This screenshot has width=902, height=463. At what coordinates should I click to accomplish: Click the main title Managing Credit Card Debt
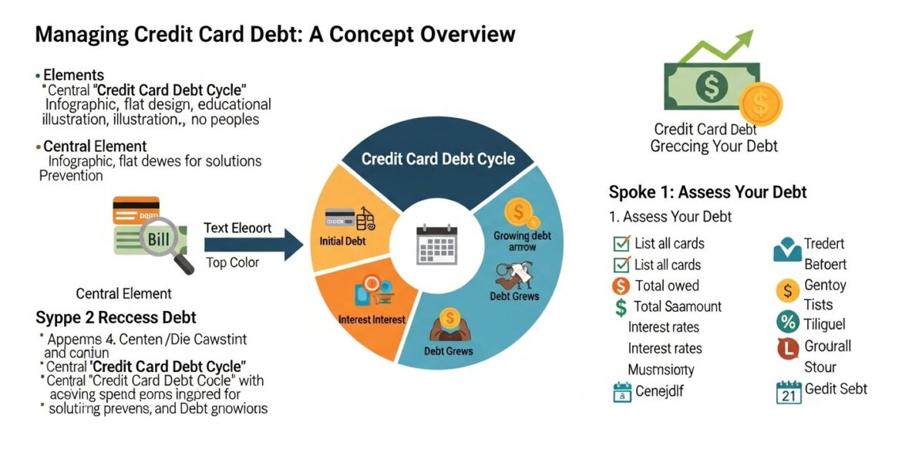275,35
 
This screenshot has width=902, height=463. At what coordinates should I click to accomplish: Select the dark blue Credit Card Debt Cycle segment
437,159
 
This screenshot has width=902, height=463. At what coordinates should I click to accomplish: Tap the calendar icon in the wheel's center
436,245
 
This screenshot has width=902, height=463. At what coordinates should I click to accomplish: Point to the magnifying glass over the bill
177,252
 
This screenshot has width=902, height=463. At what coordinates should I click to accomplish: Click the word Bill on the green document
157,239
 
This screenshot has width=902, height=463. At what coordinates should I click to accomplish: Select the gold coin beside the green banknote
760,104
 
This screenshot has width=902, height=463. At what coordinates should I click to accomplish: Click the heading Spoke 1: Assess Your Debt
707,192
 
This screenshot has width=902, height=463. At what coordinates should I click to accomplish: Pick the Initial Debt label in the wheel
342,241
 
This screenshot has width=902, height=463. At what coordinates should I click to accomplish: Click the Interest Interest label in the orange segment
372,319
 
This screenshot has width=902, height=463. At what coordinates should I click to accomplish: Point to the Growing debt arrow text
523,242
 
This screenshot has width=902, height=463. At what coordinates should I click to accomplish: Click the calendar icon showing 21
788,392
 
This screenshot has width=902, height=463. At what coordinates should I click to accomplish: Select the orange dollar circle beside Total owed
621,286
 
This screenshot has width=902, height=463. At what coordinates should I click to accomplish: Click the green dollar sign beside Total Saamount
621,307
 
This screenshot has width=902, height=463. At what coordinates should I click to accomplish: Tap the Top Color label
233,262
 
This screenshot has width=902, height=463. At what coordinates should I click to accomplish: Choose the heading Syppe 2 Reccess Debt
116,317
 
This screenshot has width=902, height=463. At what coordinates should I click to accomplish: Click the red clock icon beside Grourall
786,348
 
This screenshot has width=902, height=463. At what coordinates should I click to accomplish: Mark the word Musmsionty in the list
661,369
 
